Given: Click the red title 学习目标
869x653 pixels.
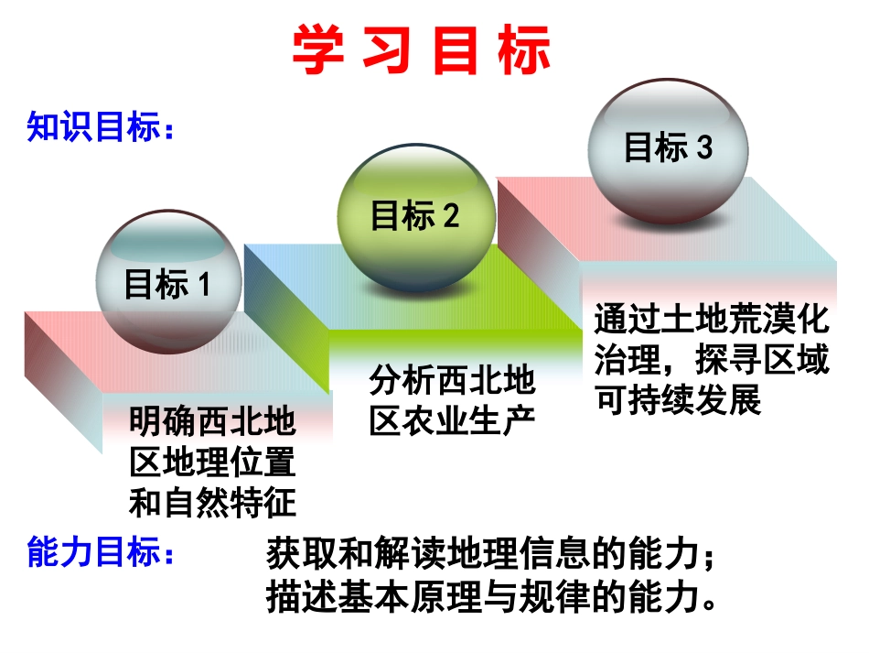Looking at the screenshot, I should coord(422,50).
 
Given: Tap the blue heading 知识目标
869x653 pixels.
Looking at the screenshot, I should coord(100,128).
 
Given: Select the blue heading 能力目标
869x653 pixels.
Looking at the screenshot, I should coord(100,553).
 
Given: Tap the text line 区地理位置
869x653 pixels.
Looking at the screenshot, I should coord(212,462).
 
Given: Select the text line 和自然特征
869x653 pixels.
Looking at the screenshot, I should coord(212,502).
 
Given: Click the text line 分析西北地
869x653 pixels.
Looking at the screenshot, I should coord(452,379).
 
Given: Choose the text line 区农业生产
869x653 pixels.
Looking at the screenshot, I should coord(452,419).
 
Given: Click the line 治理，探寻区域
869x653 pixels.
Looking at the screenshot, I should coord(711,360).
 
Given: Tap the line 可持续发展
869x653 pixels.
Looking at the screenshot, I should coord(678,400).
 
